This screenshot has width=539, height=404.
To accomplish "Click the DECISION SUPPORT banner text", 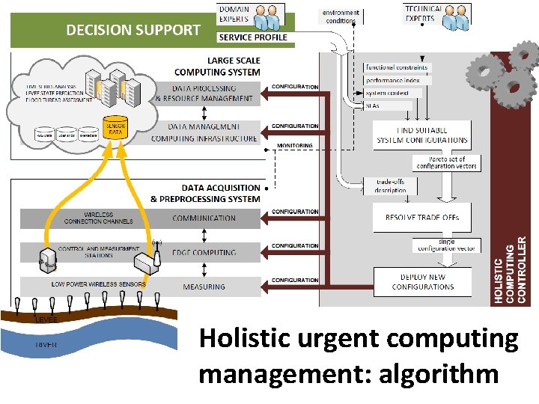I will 133,30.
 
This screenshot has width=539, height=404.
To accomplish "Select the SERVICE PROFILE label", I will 253,37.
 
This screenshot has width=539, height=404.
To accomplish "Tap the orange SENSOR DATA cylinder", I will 115,129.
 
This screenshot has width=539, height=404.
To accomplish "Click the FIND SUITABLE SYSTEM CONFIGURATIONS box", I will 422,135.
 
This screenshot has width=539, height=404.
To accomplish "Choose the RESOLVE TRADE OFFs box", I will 422,218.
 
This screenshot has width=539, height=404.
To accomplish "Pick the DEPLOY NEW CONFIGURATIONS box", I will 422,282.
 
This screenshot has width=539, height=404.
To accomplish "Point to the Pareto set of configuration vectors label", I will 446,162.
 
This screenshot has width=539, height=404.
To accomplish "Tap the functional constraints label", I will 397,67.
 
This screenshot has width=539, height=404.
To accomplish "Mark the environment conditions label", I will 341,16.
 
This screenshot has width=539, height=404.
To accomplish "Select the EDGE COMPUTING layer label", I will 204,252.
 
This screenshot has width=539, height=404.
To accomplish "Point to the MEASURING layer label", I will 204,287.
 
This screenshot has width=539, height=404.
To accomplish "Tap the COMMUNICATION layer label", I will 204,218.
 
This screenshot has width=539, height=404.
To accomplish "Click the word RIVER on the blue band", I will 46,345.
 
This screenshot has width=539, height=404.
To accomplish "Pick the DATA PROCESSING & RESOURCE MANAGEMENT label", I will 204,93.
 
